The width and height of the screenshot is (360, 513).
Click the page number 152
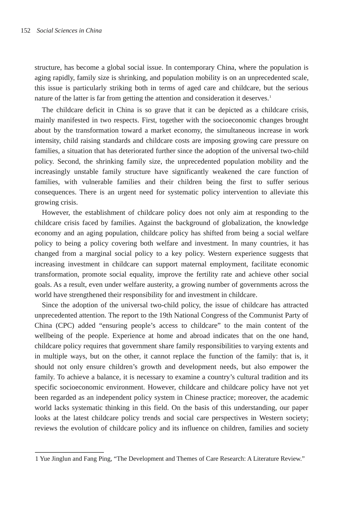point(25,31)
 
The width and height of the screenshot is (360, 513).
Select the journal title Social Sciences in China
point(69,31)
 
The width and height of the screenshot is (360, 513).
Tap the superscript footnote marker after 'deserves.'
point(270,97)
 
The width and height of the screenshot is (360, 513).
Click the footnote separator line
point(69,452)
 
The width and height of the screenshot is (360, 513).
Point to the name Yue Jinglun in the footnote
point(55,459)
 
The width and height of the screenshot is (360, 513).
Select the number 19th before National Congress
point(165,315)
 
